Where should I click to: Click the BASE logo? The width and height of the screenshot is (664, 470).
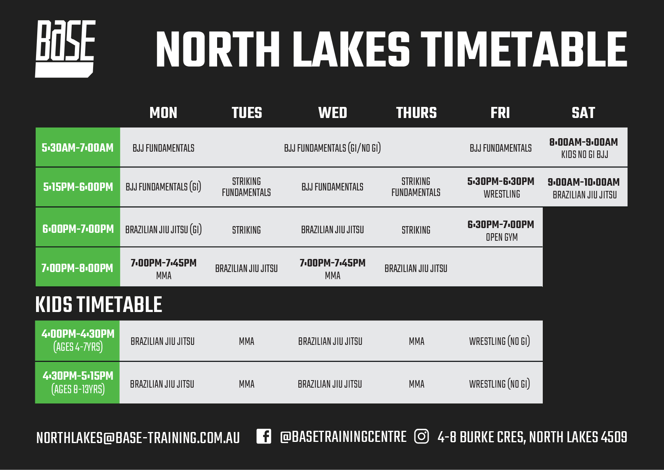tap(65, 49)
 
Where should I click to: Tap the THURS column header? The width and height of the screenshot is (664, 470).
tap(416, 112)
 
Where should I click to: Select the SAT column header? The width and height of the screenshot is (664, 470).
tap(583, 112)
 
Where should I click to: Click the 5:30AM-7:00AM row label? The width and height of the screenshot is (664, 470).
tap(78, 148)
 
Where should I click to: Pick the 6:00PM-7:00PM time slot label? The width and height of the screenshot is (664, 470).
tap(78, 229)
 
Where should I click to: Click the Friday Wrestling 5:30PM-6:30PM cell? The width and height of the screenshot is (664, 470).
tap(501, 188)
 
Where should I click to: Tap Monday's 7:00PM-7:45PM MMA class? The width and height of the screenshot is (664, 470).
tap(164, 269)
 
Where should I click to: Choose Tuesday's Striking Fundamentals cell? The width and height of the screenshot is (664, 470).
tap(246, 187)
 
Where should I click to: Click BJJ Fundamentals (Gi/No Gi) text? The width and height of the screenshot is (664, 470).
tap(332, 148)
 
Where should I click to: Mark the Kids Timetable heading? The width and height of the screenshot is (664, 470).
tap(99, 304)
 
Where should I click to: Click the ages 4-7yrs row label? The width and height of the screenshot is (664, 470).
tap(78, 347)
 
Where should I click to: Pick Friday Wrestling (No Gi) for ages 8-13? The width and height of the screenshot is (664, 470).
tap(500, 384)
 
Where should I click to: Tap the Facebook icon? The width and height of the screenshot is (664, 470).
tap(264, 436)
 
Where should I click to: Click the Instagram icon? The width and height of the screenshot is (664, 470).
tap(422, 436)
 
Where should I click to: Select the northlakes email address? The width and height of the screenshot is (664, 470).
tap(138, 438)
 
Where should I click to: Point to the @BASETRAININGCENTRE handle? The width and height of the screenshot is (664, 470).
tap(343, 437)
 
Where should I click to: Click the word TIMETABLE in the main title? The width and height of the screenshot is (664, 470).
tap(523, 50)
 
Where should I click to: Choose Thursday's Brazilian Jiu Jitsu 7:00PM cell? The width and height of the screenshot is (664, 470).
tap(416, 268)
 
